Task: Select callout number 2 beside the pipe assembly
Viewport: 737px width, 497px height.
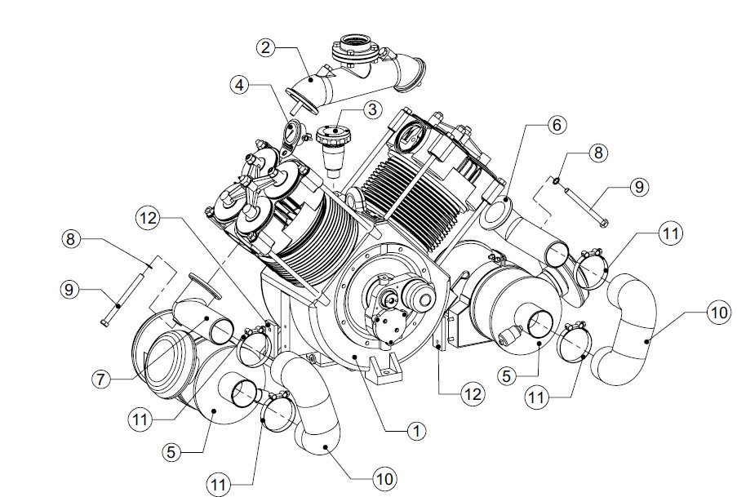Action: [265, 47]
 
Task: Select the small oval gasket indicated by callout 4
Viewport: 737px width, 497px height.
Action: [291, 134]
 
